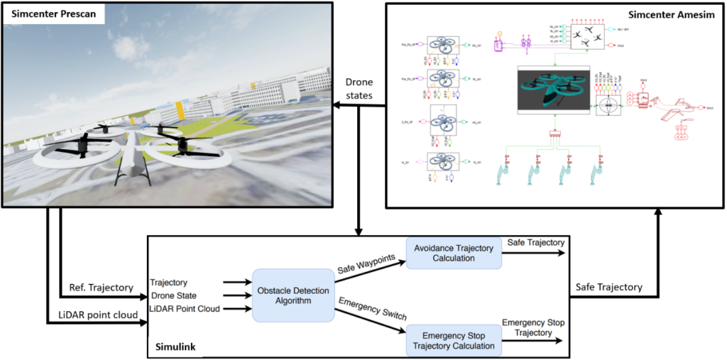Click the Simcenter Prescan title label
[53, 14]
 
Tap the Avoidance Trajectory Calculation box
[454, 253]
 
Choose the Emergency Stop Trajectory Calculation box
[454, 340]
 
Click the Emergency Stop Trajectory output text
[534, 328]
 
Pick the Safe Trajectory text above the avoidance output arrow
[536, 243]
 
